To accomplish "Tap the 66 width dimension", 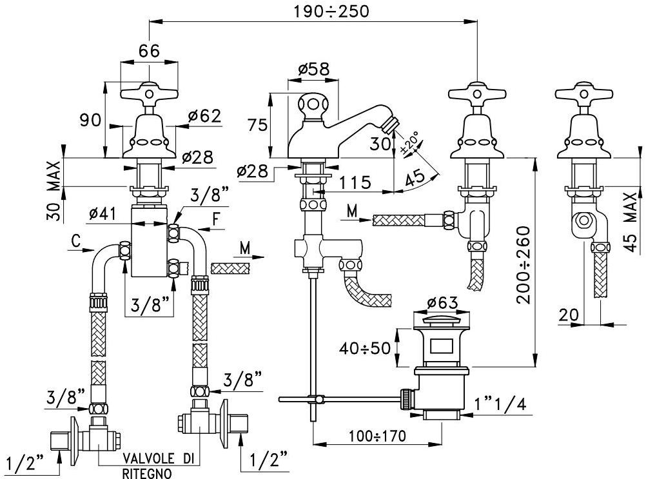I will pyautogui.click(x=150, y=52).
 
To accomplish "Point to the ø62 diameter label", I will pyautogui.click(x=204, y=116).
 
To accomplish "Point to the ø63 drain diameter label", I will pyautogui.click(x=442, y=302).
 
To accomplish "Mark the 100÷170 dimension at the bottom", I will pyautogui.click(x=377, y=436).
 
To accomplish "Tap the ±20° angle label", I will pyautogui.click(x=409, y=143).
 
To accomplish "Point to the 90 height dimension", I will pyautogui.click(x=90, y=120).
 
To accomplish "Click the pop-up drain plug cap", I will pyautogui.click(x=442, y=320).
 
